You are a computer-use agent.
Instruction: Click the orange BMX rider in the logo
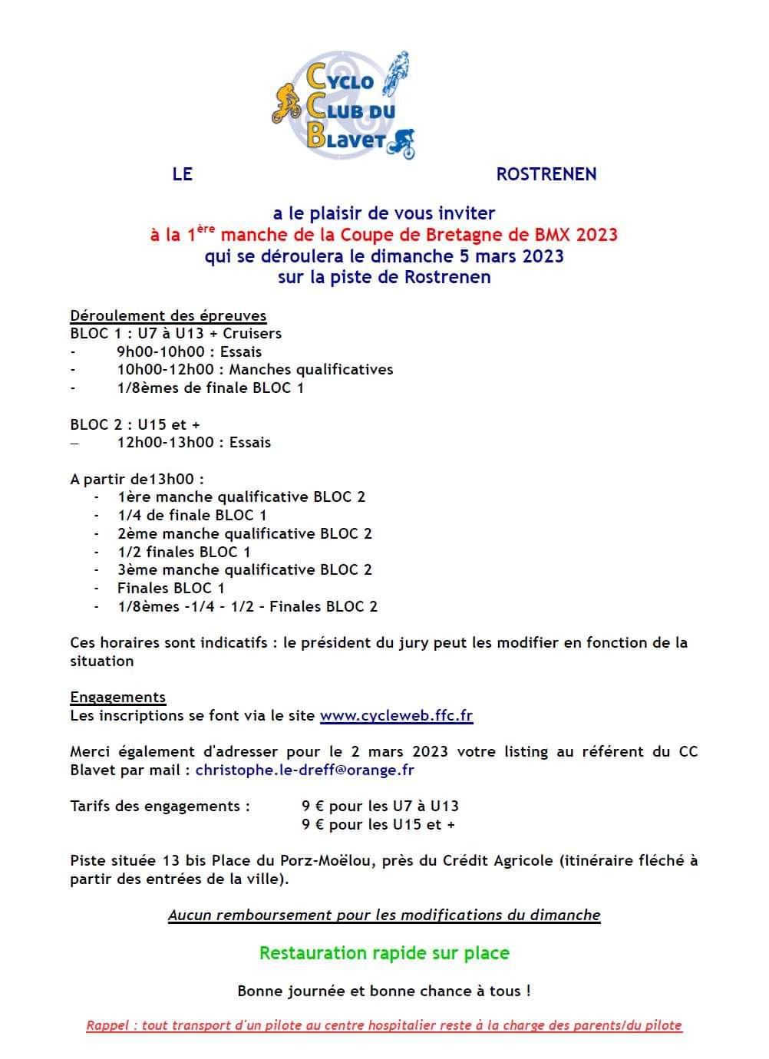pos(286,104)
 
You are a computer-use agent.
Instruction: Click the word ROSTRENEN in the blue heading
pos(546,174)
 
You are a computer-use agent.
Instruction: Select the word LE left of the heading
pos(182,174)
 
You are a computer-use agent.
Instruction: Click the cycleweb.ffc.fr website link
pos(396,716)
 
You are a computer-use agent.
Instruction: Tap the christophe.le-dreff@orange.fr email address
pos(305,770)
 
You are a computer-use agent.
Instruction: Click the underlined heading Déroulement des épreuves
pos(168,315)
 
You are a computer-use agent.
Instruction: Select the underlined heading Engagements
pos(117,698)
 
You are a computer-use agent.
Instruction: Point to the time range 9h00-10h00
pos(161,352)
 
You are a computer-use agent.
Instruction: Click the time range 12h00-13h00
pos(165,443)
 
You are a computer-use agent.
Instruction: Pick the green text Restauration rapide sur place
pos(384,953)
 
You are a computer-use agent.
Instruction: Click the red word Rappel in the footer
pos(108,1025)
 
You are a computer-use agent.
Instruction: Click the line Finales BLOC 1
pos(170,589)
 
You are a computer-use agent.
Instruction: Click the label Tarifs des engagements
pos(160,807)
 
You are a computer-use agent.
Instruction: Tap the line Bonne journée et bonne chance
pos(384,991)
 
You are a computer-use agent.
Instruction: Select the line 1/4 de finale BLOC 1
pos(192,516)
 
